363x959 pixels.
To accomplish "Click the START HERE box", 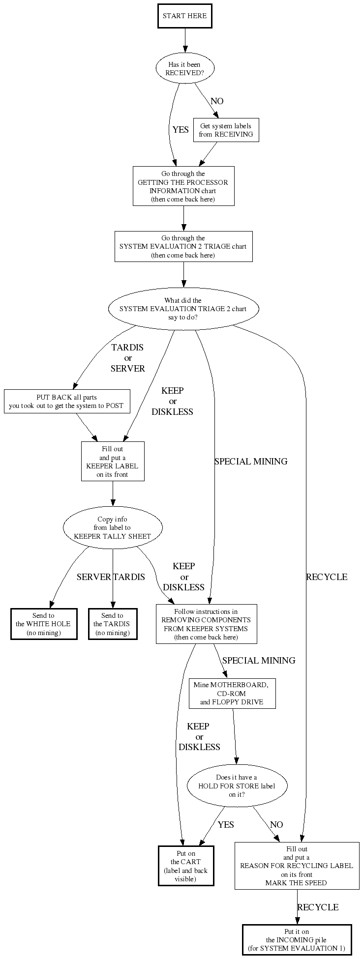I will click(x=184, y=16).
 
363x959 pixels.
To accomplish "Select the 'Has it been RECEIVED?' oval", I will click(x=184, y=69).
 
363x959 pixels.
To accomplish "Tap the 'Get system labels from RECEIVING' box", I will click(x=226, y=130).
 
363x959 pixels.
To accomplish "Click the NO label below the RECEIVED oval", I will click(x=217, y=101).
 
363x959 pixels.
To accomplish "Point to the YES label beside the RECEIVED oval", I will click(x=181, y=130).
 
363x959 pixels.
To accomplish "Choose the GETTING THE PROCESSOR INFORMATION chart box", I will click(x=183, y=186).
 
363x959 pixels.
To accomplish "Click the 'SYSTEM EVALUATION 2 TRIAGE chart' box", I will click(x=183, y=247).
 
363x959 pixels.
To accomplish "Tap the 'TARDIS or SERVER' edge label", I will click(x=127, y=358).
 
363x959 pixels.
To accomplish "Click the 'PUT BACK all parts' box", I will click(x=67, y=402).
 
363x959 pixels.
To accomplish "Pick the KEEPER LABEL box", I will click(x=113, y=462).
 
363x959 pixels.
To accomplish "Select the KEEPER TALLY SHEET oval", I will click(x=113, y=528).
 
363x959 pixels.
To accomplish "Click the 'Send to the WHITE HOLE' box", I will click(x=44, y=624).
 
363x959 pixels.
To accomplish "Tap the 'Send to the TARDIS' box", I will click(x=112, y=624).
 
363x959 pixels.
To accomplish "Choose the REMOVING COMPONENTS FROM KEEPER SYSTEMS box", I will click(x=206, y=624).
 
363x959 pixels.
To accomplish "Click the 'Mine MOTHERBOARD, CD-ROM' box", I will click(x=232, y=694).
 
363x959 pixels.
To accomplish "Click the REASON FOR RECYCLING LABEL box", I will click(x=297, y=866).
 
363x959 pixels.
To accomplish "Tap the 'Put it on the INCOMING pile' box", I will click(x=297, y=940).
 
